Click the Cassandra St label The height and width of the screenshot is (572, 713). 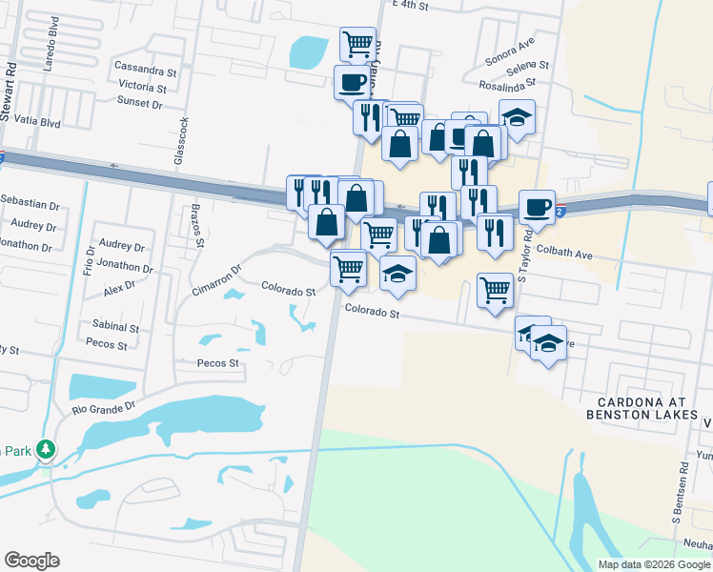coord(146,69)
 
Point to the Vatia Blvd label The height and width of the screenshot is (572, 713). coord(37,123)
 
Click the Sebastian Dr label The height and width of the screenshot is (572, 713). coord(30,205)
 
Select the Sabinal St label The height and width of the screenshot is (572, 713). coord(115,326)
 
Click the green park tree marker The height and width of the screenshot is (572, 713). coord(44,449)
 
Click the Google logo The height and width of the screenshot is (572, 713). coord(31,561)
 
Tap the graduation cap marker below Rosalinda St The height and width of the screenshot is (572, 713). coord(517,117)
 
